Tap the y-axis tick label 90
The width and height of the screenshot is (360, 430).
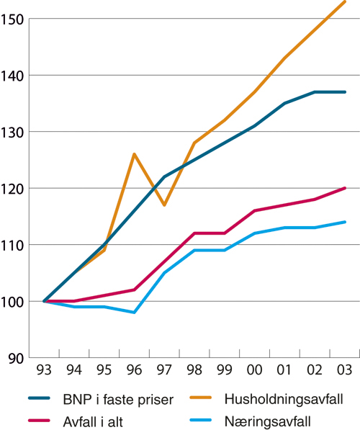(16, 358)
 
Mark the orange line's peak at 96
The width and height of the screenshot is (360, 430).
(135, 153)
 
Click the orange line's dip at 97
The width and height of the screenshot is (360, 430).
(165, 205)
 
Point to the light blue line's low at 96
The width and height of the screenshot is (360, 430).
(135, 313)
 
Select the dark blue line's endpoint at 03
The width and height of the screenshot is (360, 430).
(345, 92)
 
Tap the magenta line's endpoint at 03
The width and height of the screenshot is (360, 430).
(345, 188)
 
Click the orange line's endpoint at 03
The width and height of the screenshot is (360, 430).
(345, 2)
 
